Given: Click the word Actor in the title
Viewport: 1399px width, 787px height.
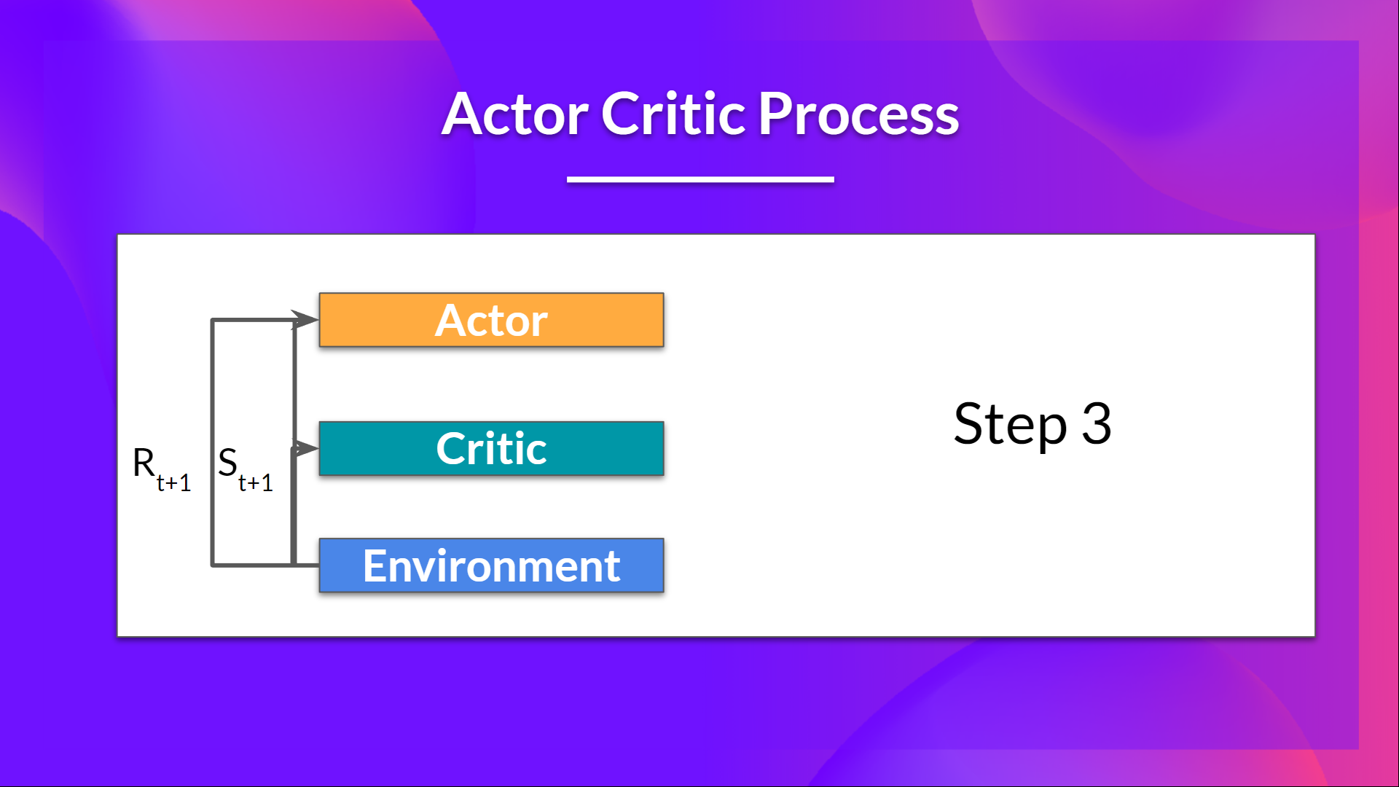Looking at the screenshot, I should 514,115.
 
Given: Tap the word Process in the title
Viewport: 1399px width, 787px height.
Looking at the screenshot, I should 858,115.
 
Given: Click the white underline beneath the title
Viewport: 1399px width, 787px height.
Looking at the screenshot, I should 699,179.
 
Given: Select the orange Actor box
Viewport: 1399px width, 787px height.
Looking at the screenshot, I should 597,320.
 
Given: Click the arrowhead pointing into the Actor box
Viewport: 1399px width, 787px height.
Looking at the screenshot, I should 306,319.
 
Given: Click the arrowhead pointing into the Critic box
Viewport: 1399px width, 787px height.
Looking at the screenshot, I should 306,448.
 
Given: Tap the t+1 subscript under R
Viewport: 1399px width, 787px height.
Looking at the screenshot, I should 173,483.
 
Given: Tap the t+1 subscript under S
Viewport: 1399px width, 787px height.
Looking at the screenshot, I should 255,483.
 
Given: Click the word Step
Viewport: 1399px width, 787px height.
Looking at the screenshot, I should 1010,425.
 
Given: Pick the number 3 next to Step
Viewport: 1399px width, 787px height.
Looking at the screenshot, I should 1096,423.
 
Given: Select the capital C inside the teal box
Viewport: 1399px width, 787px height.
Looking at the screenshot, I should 452,449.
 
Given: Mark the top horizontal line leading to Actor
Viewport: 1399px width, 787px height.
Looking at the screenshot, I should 251,320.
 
